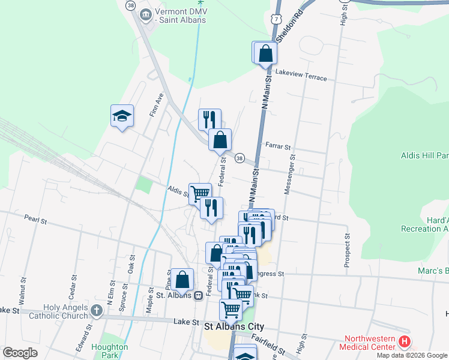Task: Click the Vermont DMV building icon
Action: [x=145, y=14]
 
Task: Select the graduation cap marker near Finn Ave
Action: [x=122, y=116]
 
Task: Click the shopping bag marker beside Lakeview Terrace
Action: [x=265, y=53]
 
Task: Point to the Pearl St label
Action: [x=35, y=220]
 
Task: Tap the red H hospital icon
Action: [x=405, y=343]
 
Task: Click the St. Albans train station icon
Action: [x=197, y=295]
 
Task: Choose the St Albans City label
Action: [x=234, y=327]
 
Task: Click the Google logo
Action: [x=20, y=353]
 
